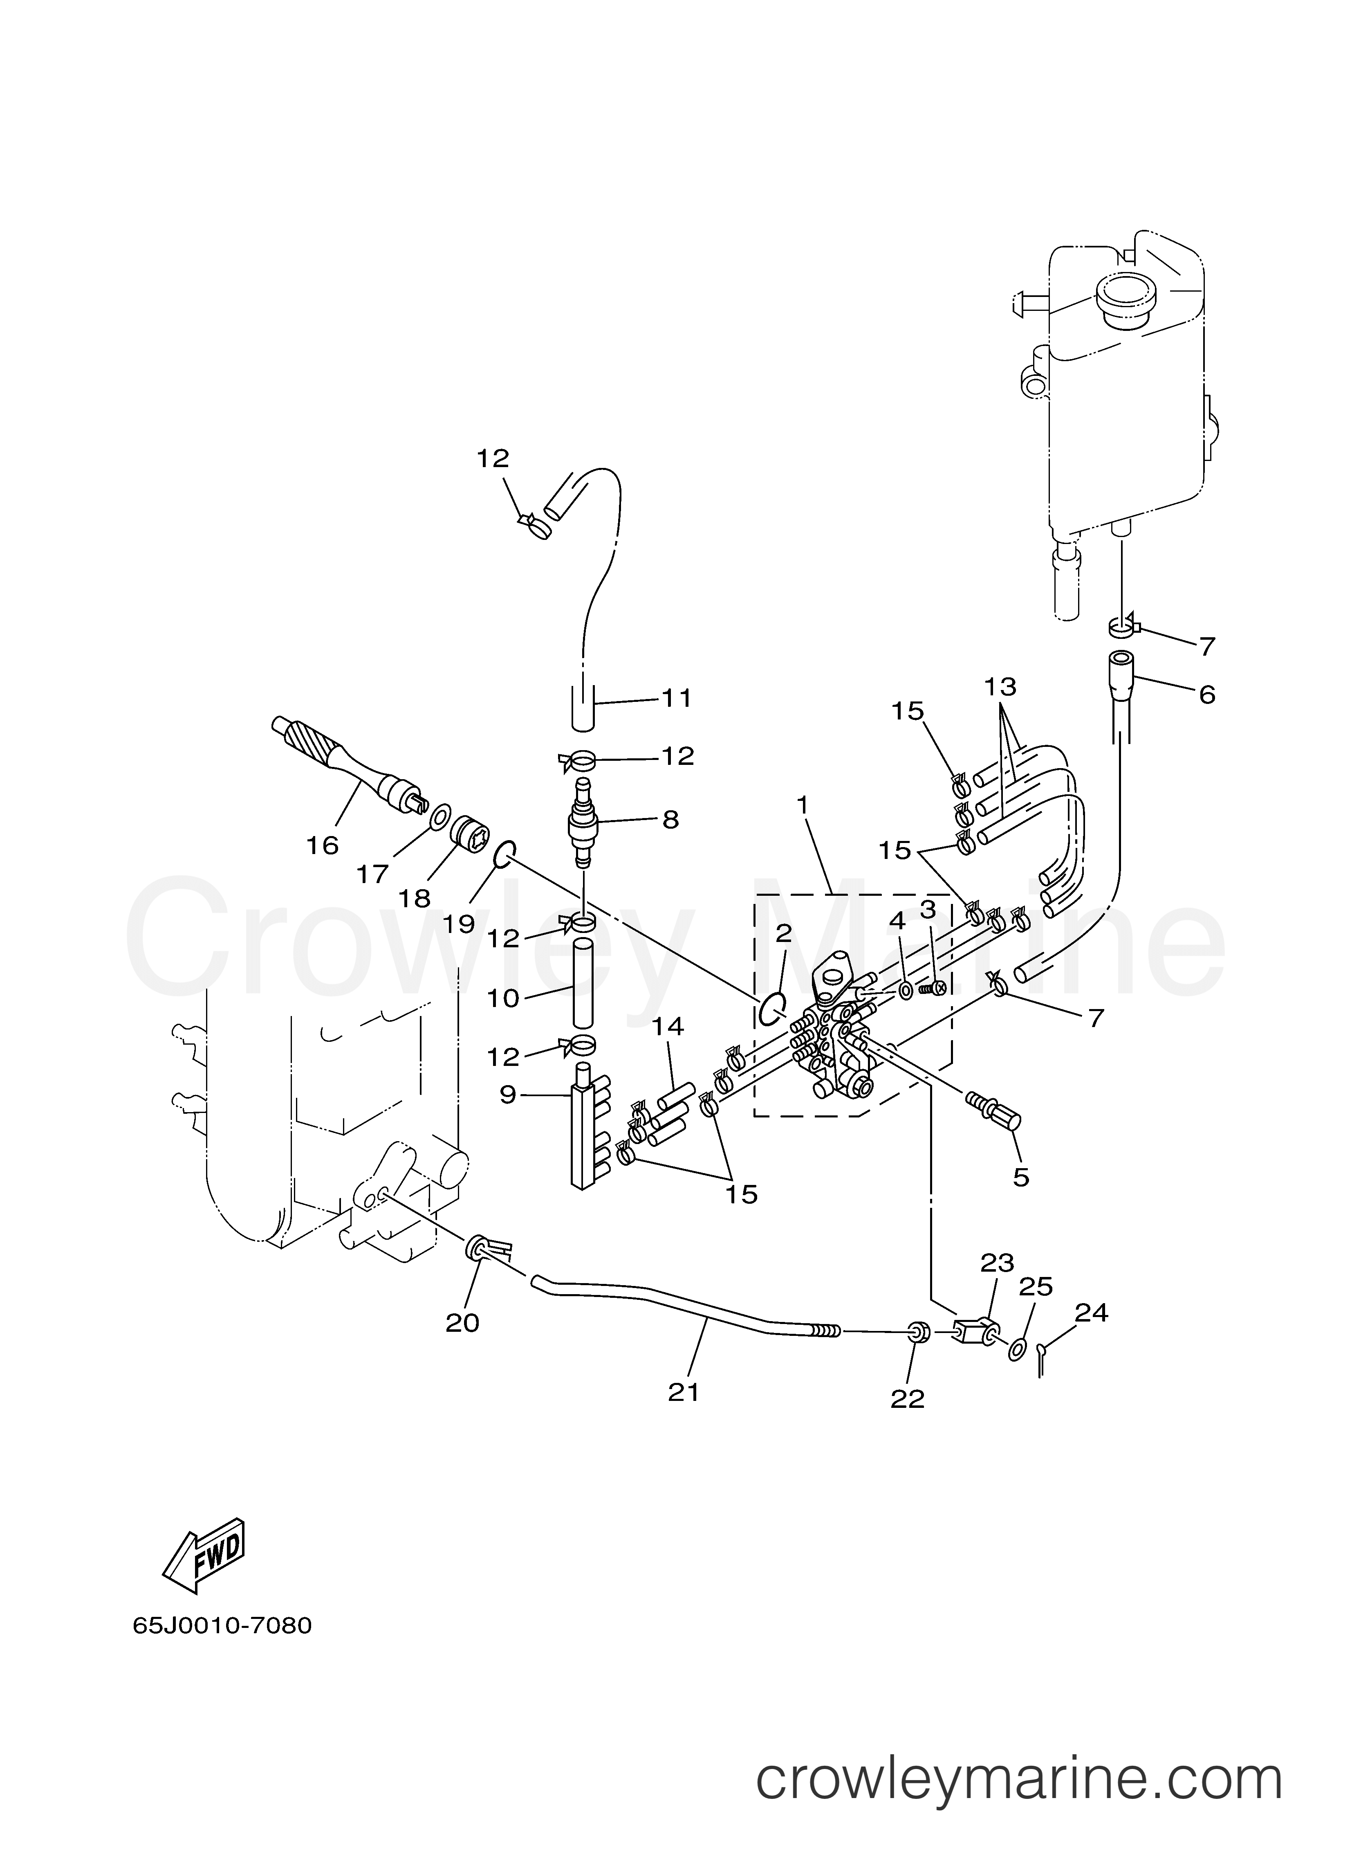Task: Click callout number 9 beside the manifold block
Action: [508, 1095]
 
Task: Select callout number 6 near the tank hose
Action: [1206, 695]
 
